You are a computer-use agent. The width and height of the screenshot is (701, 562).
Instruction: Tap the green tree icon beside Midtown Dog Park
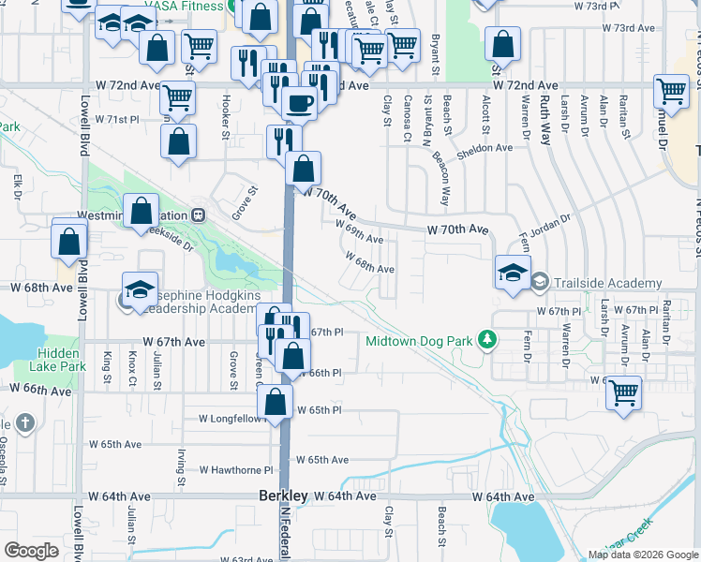tap(486, 339)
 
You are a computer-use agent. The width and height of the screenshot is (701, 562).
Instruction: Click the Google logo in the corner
tap(31, 550)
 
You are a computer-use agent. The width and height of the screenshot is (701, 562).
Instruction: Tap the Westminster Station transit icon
tap(198, 214)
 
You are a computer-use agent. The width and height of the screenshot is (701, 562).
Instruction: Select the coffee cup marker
tap(299, 103)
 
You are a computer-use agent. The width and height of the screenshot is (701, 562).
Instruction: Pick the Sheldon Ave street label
tap(485, 148)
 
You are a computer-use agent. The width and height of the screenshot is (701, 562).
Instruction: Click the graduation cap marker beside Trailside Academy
tap(513, 273)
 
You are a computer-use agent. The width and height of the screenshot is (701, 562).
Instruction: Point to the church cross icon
tap(23, 422)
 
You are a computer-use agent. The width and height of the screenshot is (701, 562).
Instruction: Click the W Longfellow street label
tap(233, 419)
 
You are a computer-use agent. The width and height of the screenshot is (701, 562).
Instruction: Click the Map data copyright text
tap(643, 555)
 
